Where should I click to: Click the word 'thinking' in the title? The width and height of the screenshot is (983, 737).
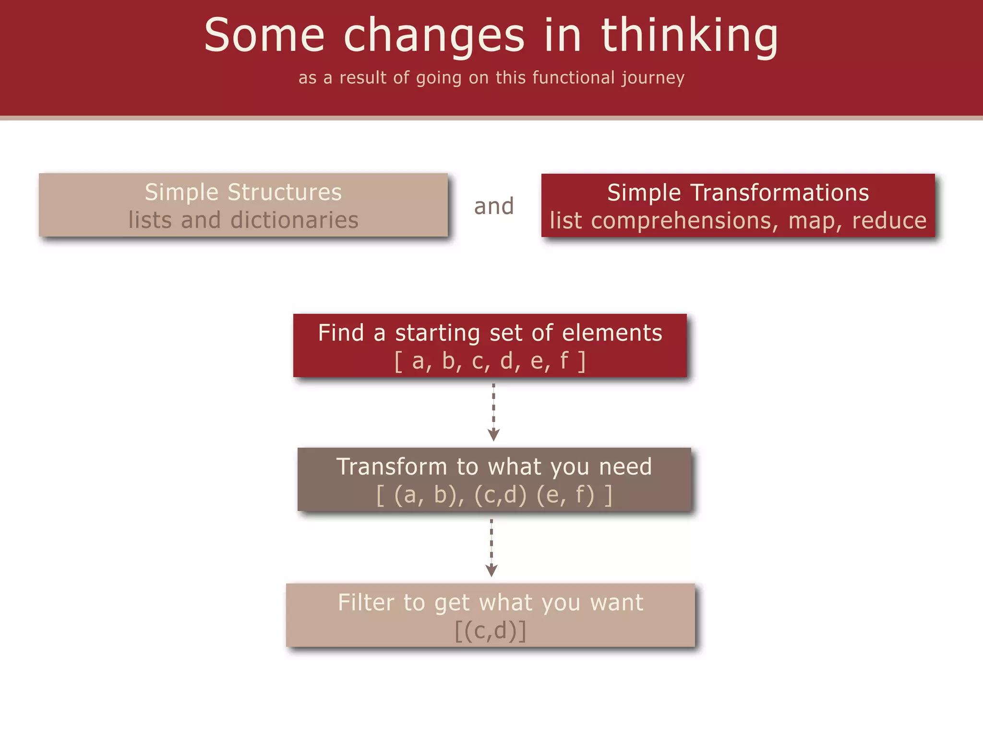[689, 36]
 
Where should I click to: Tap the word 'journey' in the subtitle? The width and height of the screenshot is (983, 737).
[653, 78]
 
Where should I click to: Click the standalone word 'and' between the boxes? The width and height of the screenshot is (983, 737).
[494, 206]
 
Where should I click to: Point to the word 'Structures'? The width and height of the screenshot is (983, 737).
[285, 192]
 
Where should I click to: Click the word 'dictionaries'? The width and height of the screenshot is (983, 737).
[294, 220]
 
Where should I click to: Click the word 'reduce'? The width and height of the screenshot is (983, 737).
[889, 221]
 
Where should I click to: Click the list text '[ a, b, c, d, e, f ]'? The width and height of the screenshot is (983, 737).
[490, 361]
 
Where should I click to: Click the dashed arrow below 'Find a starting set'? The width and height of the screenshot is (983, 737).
[493, 412]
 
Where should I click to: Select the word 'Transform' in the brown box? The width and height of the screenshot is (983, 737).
[392, 467]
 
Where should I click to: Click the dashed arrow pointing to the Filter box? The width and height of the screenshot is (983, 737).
[491, 547]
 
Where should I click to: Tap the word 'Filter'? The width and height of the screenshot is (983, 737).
[366, 603]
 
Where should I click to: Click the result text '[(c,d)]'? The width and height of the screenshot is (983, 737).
[491, 630]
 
